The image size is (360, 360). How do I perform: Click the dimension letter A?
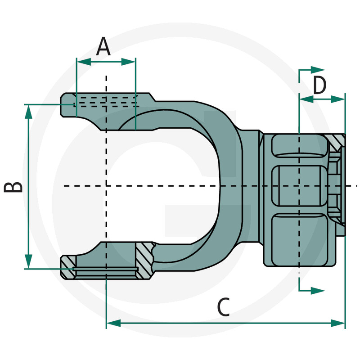click(104, 46)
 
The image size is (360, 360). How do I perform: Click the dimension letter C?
click(223, 308)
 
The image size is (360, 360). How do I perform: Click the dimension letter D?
click(319, 85)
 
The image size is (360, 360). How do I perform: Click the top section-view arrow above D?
click(317, 69)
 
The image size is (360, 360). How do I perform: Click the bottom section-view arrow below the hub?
click(317, 290)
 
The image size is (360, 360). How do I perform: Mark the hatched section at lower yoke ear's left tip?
click(68, 265)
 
